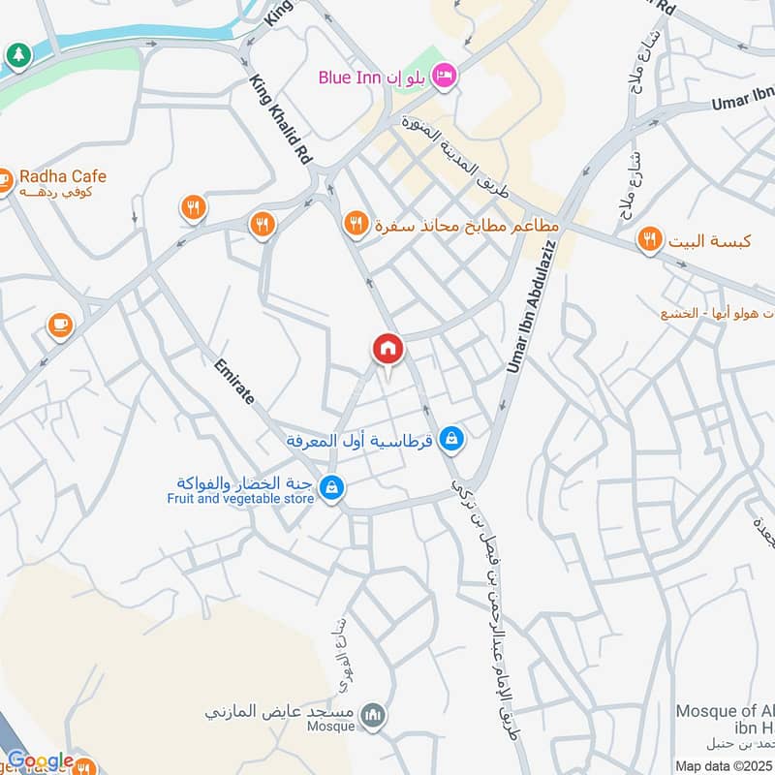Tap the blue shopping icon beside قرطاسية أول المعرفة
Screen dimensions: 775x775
[449, 440]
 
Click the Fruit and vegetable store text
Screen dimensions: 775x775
[240, 498]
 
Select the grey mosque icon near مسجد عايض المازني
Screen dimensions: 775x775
[371, 716]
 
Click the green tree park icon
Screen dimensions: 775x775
[15, 56]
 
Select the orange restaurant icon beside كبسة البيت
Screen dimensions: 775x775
[649, 238]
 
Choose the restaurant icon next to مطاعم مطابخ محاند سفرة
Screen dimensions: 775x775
[356, 225]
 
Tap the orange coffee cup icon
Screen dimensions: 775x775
[60, 325]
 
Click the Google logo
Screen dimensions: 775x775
[41, 761]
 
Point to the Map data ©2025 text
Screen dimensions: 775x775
[722, 765]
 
